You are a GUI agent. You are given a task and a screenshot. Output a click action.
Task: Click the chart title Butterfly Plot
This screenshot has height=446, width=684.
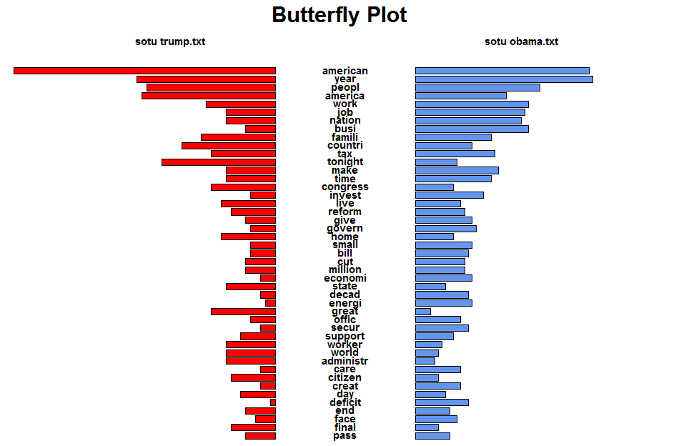[x=339, y=15]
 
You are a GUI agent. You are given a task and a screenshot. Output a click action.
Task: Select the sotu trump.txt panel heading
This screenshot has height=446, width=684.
[x=170, y=41]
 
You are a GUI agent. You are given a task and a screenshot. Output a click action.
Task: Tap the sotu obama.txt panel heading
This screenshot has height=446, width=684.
[x=521, y=41]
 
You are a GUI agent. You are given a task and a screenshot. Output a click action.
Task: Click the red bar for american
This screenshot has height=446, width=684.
[x=144, y=71]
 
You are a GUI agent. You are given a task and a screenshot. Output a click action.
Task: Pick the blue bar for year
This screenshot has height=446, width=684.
[x=504, y=79]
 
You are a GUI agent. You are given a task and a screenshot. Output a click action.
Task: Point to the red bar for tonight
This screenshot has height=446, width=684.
[x=219, y=162]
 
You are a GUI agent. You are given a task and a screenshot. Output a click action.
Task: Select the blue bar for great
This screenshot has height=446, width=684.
[x=423, y=312]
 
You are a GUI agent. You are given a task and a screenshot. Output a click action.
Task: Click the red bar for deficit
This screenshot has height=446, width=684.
[x=273, y=402]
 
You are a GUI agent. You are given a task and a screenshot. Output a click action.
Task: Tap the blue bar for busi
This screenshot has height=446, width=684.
[x=472, y=129]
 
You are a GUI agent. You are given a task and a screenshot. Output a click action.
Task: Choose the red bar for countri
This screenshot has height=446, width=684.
[x=229, y=145]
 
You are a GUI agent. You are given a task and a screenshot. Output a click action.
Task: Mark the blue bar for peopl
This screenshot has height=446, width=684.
[x=477, y=87]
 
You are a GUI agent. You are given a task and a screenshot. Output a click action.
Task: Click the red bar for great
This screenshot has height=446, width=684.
[x=243, y=312]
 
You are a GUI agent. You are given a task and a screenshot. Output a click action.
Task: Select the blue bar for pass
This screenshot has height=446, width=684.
[x=432, y=436]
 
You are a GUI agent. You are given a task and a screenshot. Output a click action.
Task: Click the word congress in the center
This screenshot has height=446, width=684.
[x=345, y=187]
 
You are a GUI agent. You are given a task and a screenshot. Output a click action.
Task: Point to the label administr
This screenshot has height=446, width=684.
[x=345, y=361]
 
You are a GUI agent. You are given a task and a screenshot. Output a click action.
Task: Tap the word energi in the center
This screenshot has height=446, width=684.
[x=345, y=303]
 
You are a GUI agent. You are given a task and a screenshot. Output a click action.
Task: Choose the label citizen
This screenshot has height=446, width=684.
[x=345, y=377]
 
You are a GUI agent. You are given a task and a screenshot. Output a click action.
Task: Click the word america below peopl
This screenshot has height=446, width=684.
[x=345, y=96]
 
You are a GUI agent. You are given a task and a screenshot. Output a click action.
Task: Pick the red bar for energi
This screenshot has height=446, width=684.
[x=270, y=303]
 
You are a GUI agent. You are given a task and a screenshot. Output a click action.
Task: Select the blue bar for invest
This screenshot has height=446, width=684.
[x=449, y=195]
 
